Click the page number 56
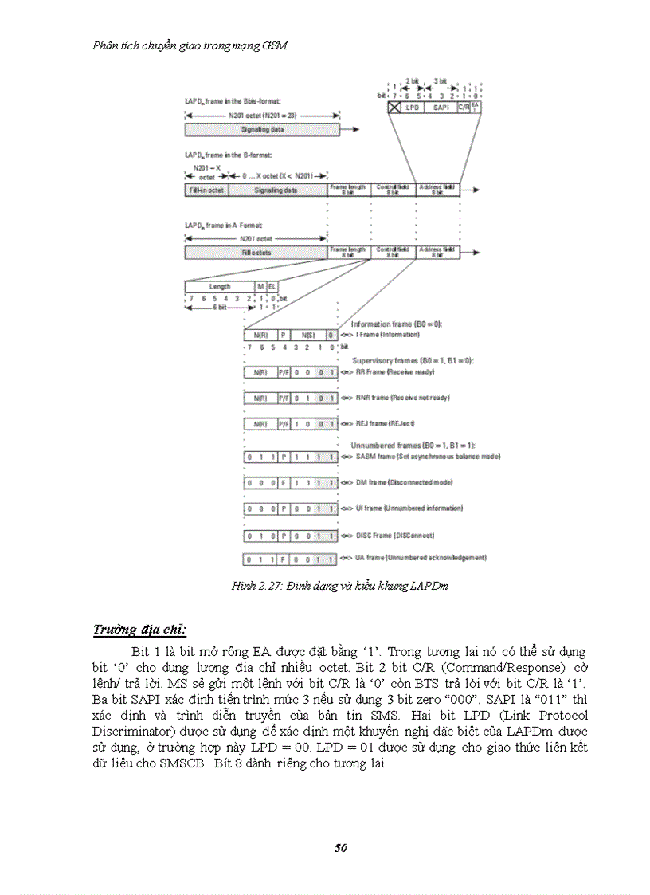pyautogui.click(x=340, y=847)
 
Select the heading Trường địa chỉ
pyautogui.click(x=139, y=630)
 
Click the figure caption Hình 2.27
pyautogui.click(x=339, y=586)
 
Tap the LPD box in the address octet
pyautogui.click(x=413, y=107)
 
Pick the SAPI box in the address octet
pyautogui.click(x=440, y=107)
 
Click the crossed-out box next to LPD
pyautogui.click(x=394, y=107)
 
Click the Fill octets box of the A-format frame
pyautogui.click(x=256, y=253)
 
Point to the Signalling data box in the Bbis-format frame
pyautogui.click(x=263, y=128)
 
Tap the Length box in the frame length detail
pyautogui.click(x=220, y=286)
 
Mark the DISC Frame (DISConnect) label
pyautogui.click(x=388, y=535)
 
